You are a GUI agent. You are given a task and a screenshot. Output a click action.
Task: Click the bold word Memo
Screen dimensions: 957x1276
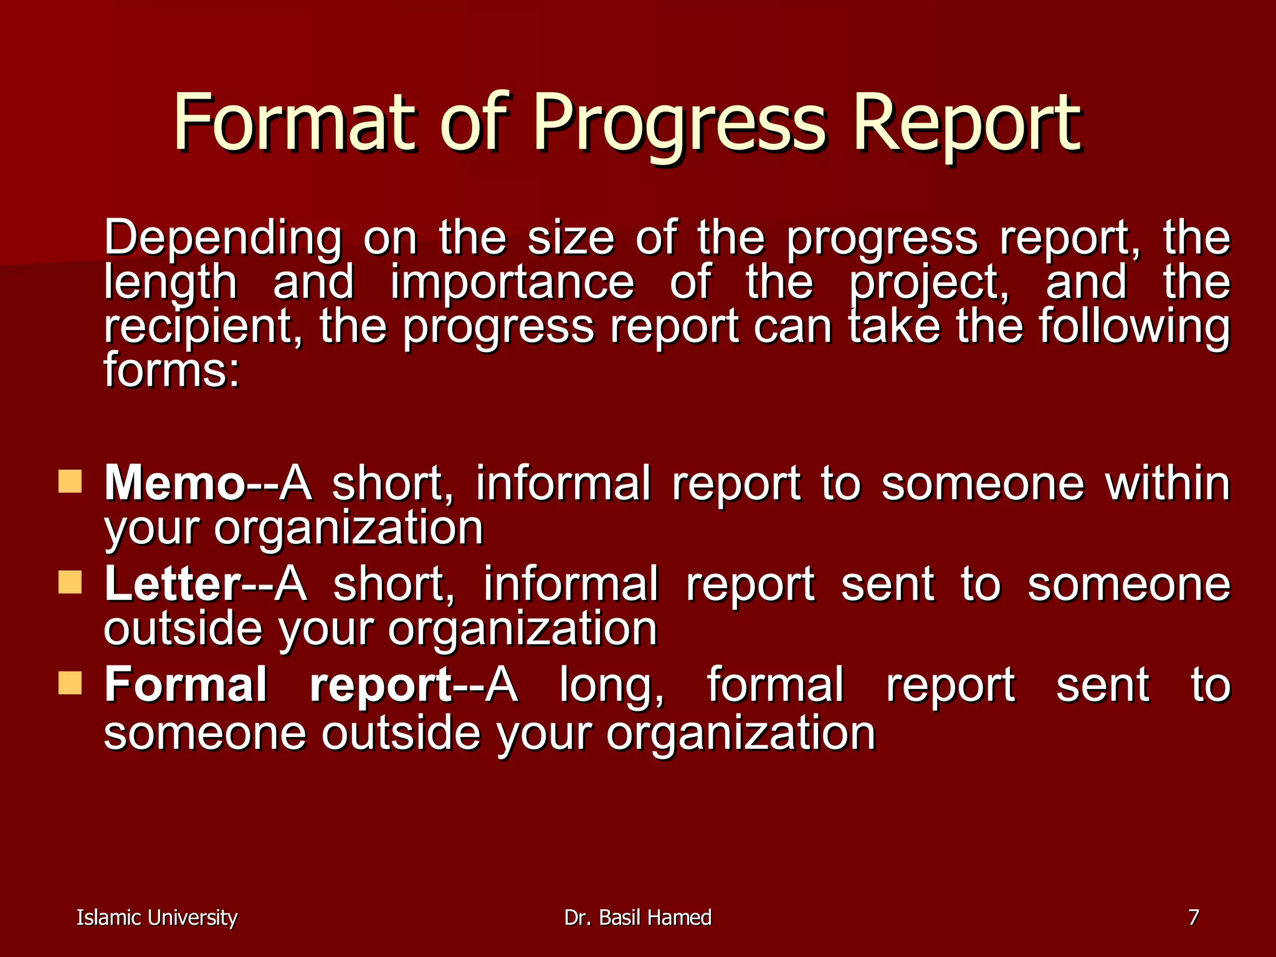175,483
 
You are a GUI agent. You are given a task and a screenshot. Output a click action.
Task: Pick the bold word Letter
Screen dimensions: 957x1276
173,584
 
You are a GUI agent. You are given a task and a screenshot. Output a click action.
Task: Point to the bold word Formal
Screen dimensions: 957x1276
186,685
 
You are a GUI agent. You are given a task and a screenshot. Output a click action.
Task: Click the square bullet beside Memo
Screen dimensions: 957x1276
70,482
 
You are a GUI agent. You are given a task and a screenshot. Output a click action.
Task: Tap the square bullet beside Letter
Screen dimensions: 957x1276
70,583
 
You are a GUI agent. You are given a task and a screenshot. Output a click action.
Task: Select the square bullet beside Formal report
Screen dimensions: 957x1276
70,683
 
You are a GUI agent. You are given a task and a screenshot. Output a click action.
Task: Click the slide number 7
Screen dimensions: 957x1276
1193,917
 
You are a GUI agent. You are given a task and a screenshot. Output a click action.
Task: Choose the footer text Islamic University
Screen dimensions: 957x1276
156,918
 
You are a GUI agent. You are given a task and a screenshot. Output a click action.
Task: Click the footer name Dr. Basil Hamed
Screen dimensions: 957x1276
637,918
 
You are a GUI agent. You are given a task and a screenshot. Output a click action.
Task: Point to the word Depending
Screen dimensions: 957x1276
223,239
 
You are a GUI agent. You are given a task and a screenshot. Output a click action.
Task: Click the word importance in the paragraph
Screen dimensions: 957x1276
512,282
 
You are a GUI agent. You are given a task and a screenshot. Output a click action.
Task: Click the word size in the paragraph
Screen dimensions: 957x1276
571,239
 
